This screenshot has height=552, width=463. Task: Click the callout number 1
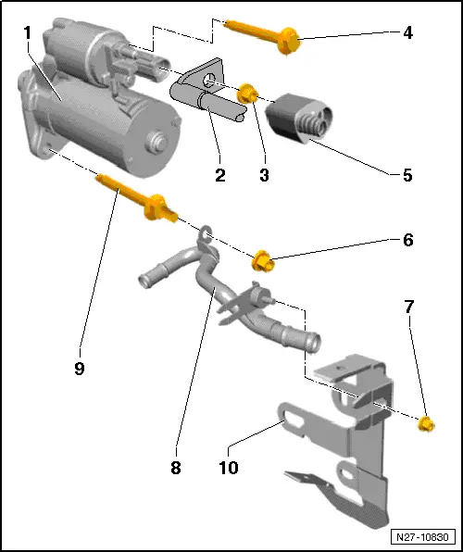(x=27, y=33)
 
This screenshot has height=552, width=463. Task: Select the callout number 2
(x=220, y=175)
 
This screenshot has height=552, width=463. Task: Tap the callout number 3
(x=264, y=175)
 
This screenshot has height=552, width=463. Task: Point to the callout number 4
(x=407, y=32)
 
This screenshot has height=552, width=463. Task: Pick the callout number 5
(x=407, y=175)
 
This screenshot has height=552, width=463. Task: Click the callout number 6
(x=407, y=240)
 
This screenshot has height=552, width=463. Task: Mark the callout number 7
(x=408, y=307)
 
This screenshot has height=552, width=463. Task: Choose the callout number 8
(x=176, y=468)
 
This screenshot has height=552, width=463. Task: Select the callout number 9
(x=80, y=369)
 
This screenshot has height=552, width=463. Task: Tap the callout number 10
(x=229, y=468)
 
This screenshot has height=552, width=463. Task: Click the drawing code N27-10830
(x=423, y=537)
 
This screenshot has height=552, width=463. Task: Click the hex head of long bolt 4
(x=289, y=42)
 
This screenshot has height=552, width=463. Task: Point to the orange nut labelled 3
(x=246, y=94)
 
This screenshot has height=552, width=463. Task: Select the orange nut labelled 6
(x=263, y=261)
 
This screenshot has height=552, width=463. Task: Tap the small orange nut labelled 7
(x=426, y=424)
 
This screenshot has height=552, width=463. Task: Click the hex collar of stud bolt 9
(x=155, y=207)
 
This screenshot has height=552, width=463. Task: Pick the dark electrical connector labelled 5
(x=299, y=118)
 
